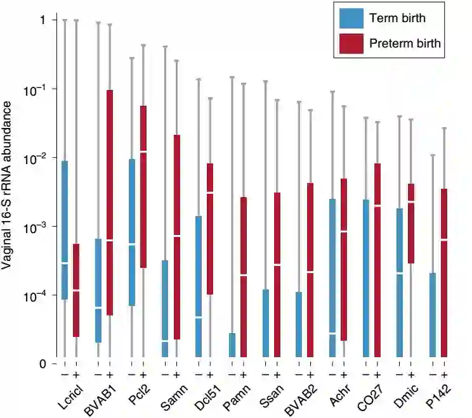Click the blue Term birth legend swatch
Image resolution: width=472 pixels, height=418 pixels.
(x=351, y=18)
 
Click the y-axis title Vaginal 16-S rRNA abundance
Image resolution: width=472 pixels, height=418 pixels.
(x=10, y=190)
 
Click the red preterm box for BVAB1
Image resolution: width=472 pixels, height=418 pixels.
(x=110, y=203)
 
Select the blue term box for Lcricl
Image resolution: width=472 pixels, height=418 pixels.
(x=65, y=230)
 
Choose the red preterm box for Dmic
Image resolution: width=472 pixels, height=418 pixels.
(x=411, y=223)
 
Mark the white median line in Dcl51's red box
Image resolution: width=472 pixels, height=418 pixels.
(x=210, y=192)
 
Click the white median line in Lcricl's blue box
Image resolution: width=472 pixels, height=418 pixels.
(x=65, y=263)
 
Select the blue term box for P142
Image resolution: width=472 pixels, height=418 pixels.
(x=433, y=315)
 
